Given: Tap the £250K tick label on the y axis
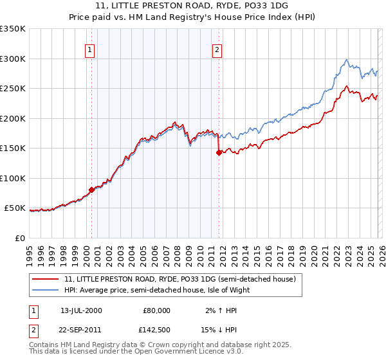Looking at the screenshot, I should (x=13, y=89).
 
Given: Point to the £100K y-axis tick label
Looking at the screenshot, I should (x=13, y=179).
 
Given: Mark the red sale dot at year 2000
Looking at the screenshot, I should (x=91, y=190).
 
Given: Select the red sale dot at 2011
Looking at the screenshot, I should (x=219, y=153).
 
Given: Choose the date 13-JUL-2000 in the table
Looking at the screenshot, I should (x=80, y=310).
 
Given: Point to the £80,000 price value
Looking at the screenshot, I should (x=156, y=310).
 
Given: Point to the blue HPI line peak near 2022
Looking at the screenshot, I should (x=347, y=60).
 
